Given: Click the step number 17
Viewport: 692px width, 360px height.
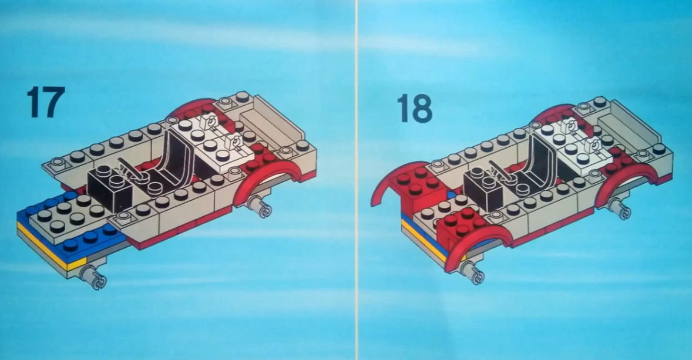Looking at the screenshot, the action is [45, 102].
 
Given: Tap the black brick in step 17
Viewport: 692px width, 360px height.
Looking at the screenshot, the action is [110, 189].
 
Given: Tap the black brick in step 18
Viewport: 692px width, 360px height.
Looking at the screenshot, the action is [483, 190].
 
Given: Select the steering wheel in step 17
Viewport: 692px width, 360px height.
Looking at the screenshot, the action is [132, 171].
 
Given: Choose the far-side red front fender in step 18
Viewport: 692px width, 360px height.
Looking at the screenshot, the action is [388, 181].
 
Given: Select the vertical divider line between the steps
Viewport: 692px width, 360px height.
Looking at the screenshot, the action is [356, 180].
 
